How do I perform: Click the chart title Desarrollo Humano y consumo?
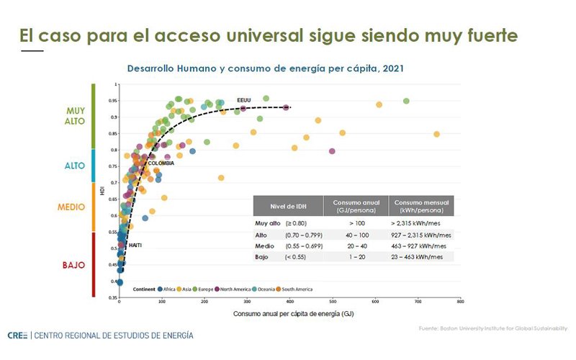(265, 69)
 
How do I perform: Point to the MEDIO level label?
(76, 207)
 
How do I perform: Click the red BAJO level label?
(75, 265)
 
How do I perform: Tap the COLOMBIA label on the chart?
(161, 163)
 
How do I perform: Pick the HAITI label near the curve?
(135, 246)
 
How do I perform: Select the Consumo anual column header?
(356, 206)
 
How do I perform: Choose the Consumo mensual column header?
(422, 206)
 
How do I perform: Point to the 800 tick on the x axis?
(460, 302)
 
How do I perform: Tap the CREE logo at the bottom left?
(18, 336)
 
